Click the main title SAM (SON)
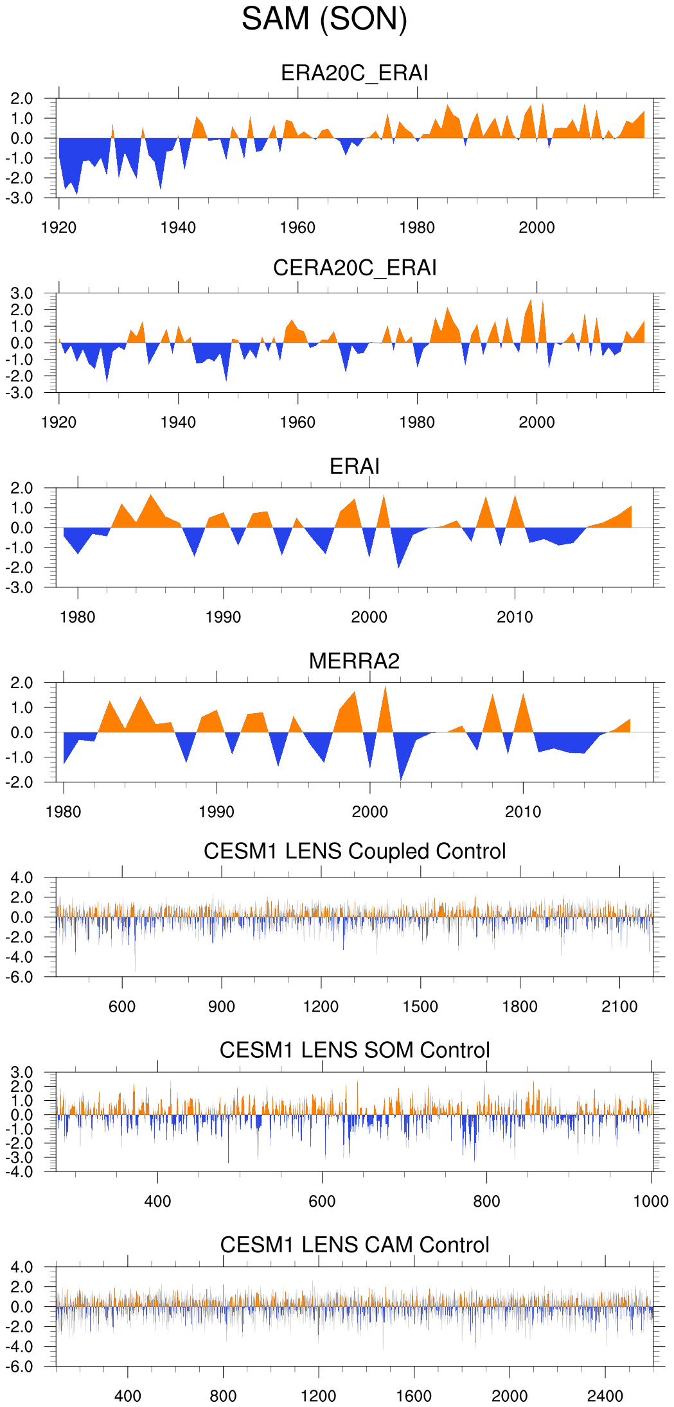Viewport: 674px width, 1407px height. (324, 19)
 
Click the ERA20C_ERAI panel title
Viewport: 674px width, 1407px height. (354, 73)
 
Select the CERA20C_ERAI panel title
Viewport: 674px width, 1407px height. (354, 268)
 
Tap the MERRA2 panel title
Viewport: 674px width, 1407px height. (354, 661)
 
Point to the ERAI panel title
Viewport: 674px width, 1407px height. (354, 466)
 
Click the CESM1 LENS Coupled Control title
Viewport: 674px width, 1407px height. (354, 851)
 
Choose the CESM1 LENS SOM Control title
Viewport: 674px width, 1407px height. (354, 1050)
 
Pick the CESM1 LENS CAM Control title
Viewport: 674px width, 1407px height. (354, 1245)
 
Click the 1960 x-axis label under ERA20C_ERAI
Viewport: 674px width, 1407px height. (297, 228)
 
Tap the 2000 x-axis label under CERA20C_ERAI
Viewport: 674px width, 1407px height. (537, 422)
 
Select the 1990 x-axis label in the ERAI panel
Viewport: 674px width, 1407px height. (223, 617)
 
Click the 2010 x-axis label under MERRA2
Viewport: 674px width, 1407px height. (523, 812)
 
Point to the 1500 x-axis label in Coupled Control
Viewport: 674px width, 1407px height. (420, 1006)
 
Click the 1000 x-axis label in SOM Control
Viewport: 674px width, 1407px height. (651, 1202)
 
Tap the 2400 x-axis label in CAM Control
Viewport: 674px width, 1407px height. (605, 1396)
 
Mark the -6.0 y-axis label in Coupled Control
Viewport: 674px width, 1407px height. (21, 977)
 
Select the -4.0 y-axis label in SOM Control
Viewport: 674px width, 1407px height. (21, 1172)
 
